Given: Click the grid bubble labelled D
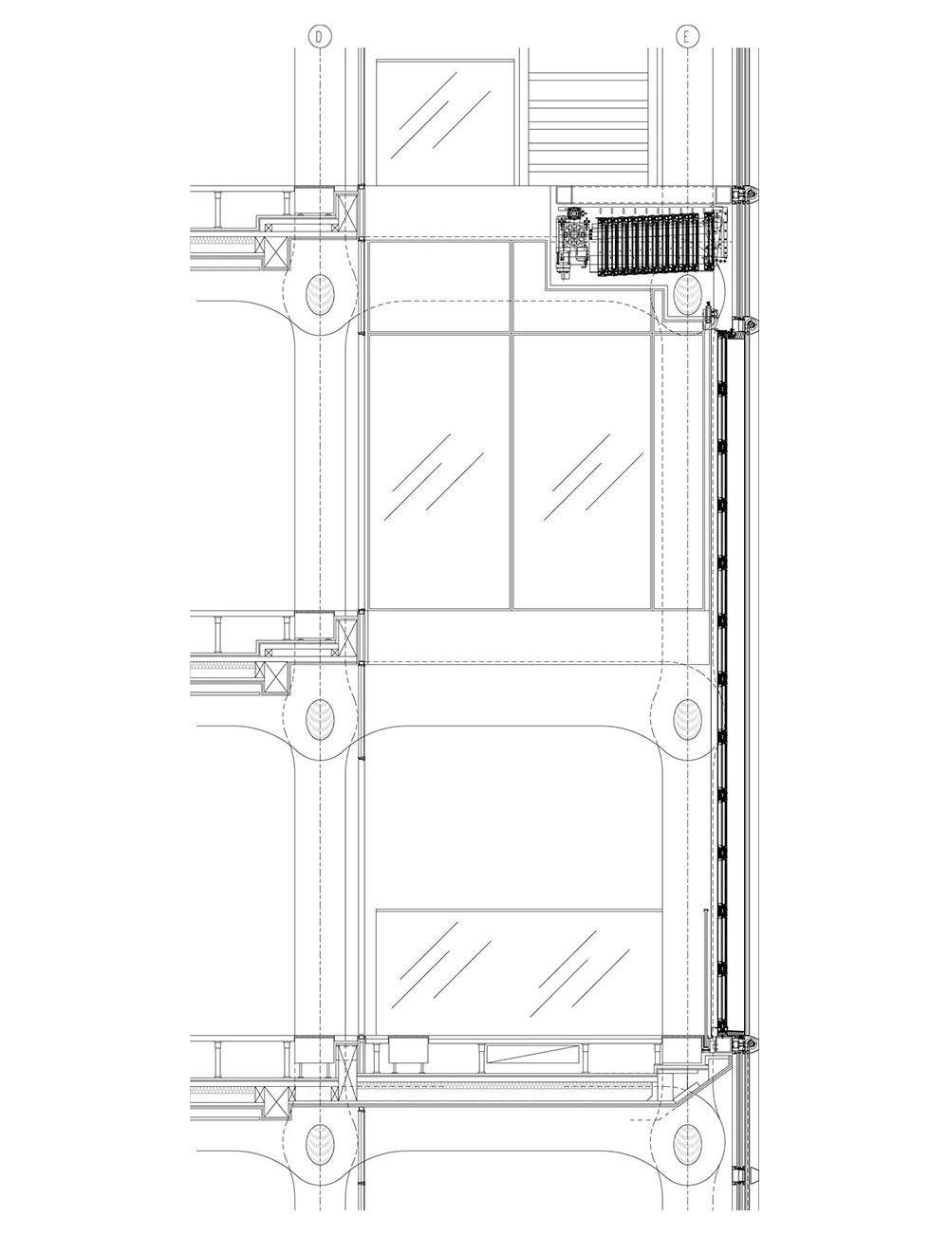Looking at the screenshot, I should coord(320,36).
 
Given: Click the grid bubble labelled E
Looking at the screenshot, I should coord(686,36).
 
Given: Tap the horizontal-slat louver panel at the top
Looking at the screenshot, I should coord(588,121).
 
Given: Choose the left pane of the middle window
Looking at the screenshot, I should coord(437,471).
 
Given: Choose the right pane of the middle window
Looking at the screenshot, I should coord(581,471).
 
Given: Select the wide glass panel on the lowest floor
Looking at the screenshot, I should coord(518,972).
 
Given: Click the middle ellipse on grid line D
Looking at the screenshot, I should coord(320,718).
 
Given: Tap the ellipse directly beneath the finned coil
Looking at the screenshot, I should coord(685,296).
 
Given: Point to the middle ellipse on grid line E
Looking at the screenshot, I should coord(686,718).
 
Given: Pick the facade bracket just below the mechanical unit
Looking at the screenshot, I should coord(750,326).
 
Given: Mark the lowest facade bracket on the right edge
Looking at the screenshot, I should coord(750,1044).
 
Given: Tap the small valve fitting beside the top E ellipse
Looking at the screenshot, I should coord(709,309).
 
